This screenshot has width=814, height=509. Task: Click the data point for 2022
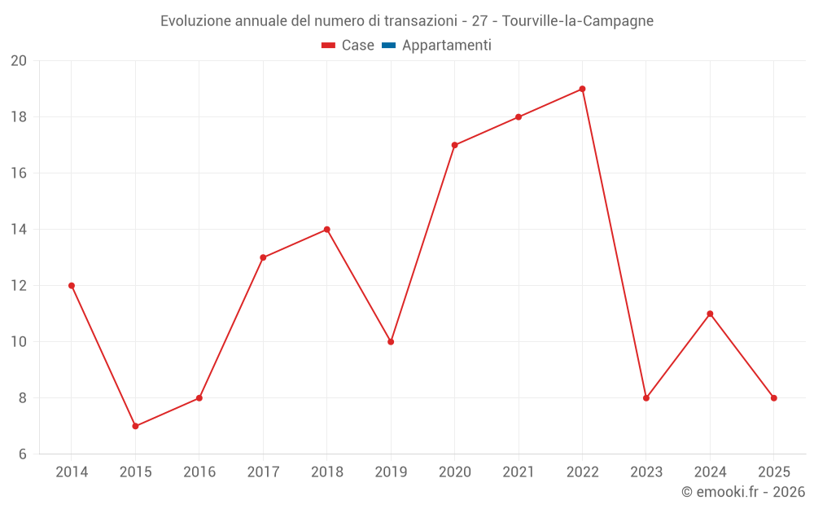(582, 89)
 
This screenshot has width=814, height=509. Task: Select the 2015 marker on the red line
(135, 426)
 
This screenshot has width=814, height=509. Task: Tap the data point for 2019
(391, 342)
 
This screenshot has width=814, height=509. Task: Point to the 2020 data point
(454, 145)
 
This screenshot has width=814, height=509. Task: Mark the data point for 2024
(710, 314)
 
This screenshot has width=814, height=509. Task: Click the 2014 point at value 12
(72, 286)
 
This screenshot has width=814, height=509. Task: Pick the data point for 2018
(326, 230)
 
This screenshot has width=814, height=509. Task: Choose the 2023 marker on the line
(646, 398)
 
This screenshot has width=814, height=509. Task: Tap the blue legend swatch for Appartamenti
(388, 46)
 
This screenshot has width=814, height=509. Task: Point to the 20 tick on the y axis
(19, 61)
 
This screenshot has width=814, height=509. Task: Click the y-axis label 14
(19, 230)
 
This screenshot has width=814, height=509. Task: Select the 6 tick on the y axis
(22, 454)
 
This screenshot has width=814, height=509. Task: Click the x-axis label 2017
(263, 472)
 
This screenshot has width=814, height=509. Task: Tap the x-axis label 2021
(519, 472)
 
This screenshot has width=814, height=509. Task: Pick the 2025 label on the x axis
(773, 472)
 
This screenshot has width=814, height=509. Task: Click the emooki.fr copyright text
(742, 492)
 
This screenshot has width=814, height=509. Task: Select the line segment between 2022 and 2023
(615, 244)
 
